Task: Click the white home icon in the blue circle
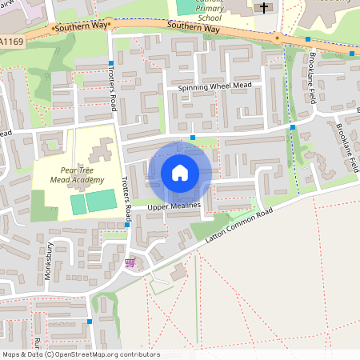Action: click(x=180, y=172)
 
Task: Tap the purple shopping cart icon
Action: click(x=130, y=262)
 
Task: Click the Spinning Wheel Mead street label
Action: click(x=214, y=86)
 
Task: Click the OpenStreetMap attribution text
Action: click(x=81, y=354)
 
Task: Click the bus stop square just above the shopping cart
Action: click(x=127, y=225)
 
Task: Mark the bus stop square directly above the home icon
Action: click(x=193, y=138)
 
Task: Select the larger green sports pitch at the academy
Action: click(x=101, y=201)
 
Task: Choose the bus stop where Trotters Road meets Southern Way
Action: click(x=110, y=62)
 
